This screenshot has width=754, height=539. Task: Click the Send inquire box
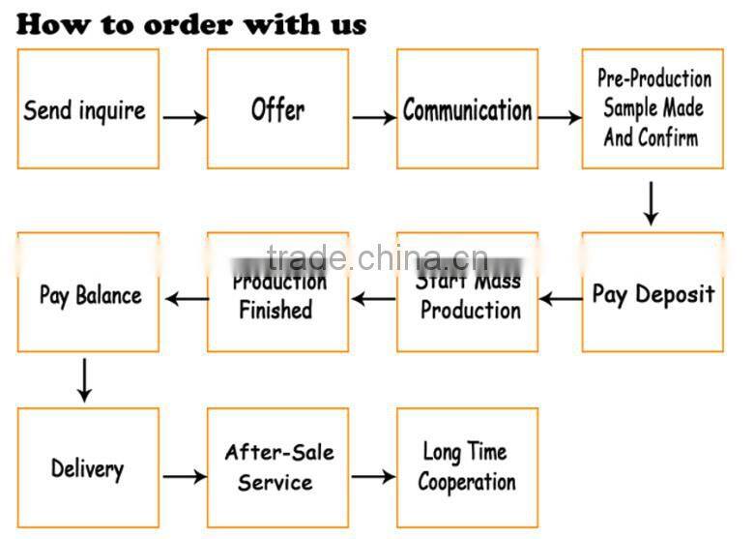click(88, 109)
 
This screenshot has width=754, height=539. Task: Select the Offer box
click(277, 109)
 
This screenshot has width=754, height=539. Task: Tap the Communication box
click(467, 109)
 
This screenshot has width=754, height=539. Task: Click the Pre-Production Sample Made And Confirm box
click(652, 109)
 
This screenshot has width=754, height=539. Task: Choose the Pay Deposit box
click(652, 292)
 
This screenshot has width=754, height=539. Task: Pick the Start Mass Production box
click(467, 292)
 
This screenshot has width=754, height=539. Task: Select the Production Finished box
click(277, 292)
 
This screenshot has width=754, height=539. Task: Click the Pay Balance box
click(88, 292)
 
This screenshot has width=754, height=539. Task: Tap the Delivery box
click(88, 468)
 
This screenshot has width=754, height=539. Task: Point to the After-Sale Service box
click(277, 468)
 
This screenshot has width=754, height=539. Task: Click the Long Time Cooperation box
click(467, 468)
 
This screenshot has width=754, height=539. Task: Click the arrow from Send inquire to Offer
click(184, 118)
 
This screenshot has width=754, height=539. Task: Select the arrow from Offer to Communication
click(373, 118)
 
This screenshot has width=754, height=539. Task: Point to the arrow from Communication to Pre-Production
click(560, 118)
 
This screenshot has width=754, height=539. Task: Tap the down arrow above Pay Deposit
click(652, 203)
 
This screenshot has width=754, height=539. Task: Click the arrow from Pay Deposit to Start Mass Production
click(561, 299)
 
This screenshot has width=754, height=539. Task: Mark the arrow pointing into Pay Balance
click(187, 299)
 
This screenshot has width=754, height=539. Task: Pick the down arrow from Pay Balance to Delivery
click(85, 379)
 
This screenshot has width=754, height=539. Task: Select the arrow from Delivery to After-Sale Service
click(184, 476)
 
